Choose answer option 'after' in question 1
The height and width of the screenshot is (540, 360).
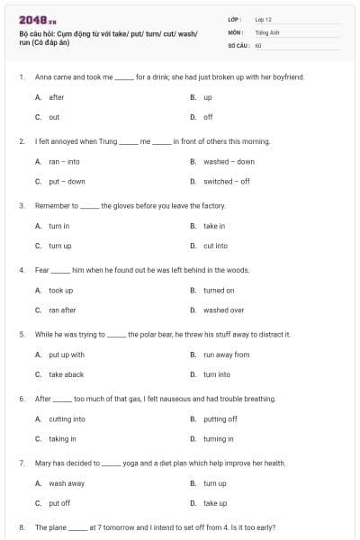point(56,97)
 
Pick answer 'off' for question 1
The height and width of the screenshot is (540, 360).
point(208,117)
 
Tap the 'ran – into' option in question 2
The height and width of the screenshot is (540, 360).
point(64,162)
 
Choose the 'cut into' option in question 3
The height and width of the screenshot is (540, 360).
point(215,246)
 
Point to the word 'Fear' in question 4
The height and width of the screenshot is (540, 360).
point(41,270)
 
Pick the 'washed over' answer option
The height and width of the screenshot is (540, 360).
point(223,310)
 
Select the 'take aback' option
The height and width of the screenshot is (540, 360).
point(66,374)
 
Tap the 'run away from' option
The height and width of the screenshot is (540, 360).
point(226,355)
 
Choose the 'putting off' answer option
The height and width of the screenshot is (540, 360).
point(220,418)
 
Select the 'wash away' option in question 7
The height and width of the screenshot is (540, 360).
point(66,483)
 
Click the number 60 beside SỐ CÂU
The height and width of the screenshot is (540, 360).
point(258,45)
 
